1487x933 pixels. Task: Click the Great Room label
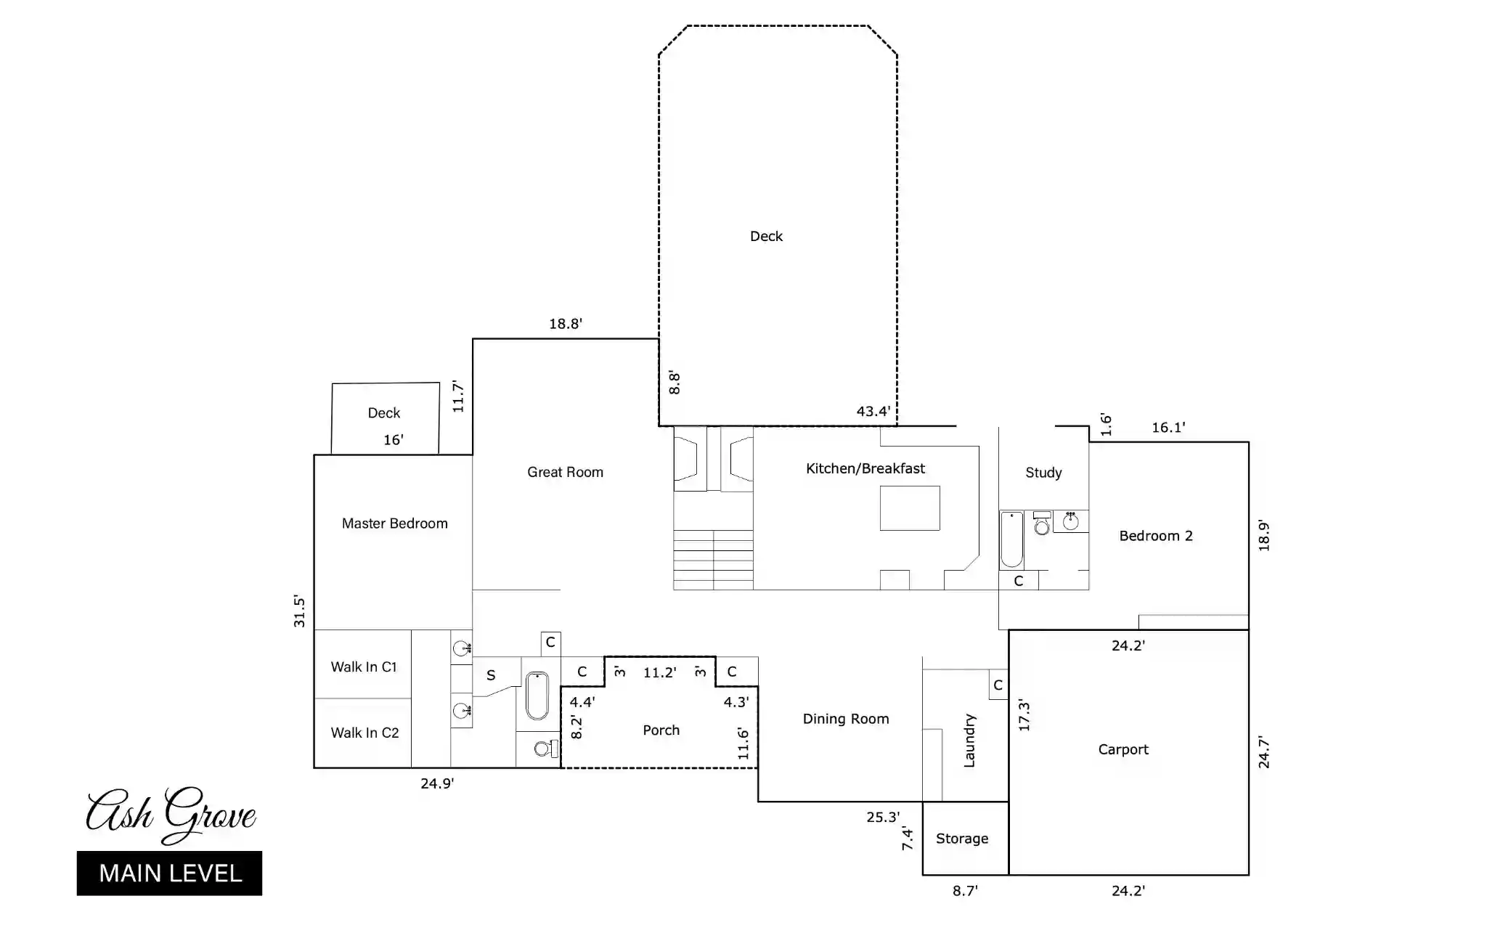pos(565,472)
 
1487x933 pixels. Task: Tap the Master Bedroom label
pos(394,523)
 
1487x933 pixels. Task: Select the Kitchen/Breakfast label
pos(865,469)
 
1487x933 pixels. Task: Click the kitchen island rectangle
pos(910,508)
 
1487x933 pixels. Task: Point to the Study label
pos(1043,473)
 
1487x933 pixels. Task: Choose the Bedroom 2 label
pos(1156,536)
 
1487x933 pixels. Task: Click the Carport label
pos(1123,750)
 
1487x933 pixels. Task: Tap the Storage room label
pos(962,839)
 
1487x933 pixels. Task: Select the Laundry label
pos(969,741)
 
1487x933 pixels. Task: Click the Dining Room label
pos(846,719)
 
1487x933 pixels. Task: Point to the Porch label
pos(661,730)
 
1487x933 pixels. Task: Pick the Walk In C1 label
pos(364,667)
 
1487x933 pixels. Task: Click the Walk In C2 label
pos(364,733)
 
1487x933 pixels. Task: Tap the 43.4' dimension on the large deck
pos(873,412)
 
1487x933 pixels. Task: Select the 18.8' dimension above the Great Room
pos(566,324)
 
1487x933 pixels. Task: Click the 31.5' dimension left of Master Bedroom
pos(299,611)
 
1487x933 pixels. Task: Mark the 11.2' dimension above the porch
pos(660,673)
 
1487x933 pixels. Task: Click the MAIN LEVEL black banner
pos(169,873)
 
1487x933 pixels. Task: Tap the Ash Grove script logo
pos(171,814)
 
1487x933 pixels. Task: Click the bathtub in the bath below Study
pos(1011,539)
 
